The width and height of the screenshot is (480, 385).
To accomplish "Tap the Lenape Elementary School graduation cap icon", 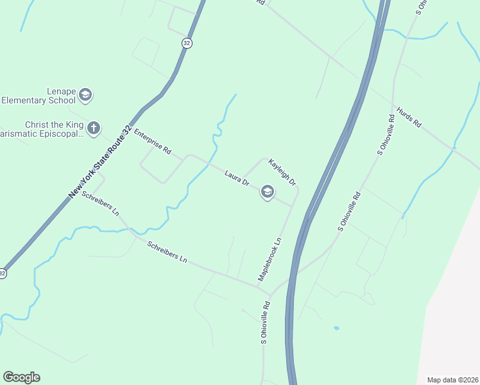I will click(85, 96).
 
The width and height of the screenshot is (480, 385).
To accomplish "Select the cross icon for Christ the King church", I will click(94, 128).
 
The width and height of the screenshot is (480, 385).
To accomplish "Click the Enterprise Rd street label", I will click(153, 142).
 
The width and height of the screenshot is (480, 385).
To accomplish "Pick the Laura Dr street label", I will click(237, 178).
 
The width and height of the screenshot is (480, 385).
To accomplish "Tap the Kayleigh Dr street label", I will click(282, 173).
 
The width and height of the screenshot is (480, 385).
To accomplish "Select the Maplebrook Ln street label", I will click(270, 259).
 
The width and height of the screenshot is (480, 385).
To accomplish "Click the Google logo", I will click(21, 377).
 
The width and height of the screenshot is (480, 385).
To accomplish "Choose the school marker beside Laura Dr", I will click(268, 192).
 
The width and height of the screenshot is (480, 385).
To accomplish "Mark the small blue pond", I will click(336, 328).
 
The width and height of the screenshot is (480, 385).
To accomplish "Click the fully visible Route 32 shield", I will click(186, 42).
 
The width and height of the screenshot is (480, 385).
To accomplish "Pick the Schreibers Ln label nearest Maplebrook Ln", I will click(167, 252).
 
